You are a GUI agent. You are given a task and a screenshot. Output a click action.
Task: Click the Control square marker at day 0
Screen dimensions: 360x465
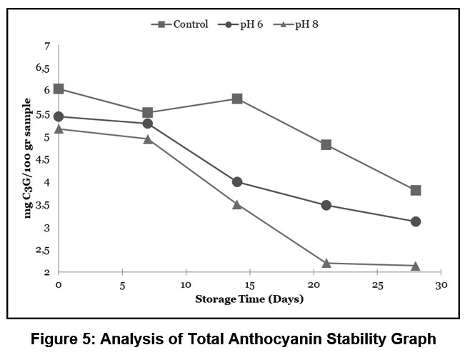pos(59,89)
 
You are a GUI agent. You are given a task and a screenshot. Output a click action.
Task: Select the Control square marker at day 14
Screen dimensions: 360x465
pos(237,99)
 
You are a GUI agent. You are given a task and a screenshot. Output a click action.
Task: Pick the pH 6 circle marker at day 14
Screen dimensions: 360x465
pos(237,182)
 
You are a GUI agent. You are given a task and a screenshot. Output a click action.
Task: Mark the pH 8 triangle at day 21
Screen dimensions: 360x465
pos(326,263)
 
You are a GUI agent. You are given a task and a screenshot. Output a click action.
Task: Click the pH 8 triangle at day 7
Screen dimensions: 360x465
pos(148,139)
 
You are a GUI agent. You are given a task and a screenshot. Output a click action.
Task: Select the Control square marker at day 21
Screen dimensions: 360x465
pos(326,144)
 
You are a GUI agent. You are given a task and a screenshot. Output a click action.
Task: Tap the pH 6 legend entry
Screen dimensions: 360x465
pos(247,24)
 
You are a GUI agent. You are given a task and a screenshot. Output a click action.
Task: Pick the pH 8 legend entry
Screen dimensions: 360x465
pos(304,24)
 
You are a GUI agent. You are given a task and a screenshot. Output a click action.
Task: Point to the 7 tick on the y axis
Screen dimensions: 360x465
pos(47,46)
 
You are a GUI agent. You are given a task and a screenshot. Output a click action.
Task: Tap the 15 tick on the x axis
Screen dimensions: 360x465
pos(250,284)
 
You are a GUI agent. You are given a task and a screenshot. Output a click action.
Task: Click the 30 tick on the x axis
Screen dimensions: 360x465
pos(441,284)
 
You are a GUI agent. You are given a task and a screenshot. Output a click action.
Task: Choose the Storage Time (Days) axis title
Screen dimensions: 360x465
pos(249,299)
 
